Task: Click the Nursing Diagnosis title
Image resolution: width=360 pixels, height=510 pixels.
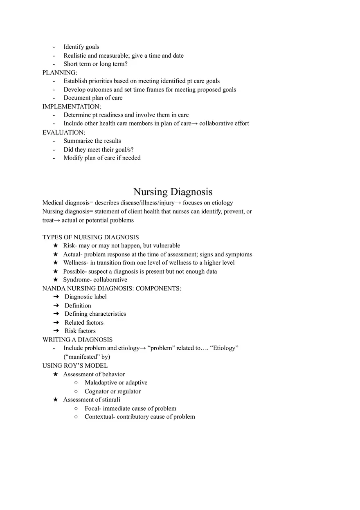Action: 173,191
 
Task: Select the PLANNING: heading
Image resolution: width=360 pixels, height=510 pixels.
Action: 60,72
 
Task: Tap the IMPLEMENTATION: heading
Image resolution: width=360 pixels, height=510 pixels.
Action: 72,106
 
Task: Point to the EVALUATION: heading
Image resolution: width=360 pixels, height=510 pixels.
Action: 64,132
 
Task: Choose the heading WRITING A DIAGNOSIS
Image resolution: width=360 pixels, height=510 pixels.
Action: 77,339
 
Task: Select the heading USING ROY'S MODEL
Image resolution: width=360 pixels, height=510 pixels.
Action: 75,365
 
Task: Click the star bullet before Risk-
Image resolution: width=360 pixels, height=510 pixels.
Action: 56,245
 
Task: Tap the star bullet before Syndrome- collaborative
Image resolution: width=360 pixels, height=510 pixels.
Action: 56,280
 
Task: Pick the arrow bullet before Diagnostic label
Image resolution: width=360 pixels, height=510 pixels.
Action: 56,297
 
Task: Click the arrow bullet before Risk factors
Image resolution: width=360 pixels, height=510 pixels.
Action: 56,331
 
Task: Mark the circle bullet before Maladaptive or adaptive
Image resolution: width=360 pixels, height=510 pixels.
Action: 76,382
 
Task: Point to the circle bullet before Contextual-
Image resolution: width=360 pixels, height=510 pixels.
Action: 76,417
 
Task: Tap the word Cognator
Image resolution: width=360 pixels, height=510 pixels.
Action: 97,391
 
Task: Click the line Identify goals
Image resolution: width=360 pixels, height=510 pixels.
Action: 81,47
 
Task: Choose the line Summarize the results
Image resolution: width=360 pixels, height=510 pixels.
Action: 92,141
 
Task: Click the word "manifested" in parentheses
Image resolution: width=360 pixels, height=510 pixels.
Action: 81,357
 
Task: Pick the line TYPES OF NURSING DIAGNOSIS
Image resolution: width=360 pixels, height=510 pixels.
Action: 90,237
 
